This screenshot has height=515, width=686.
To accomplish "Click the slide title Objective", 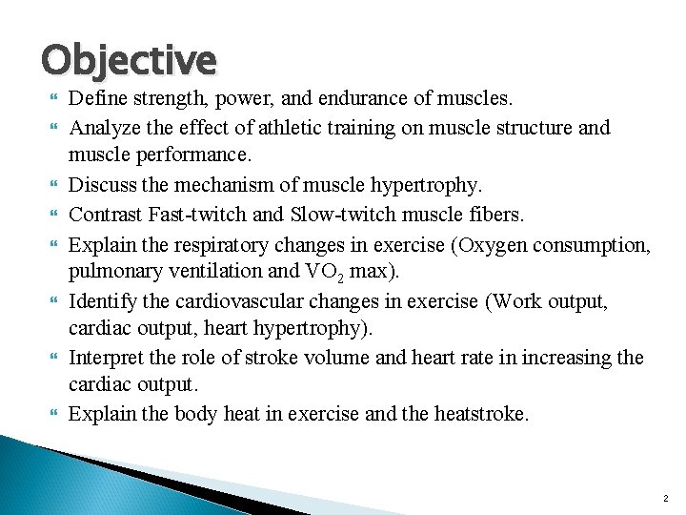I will [129, 59].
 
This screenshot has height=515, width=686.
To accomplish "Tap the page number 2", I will [665, 499].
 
